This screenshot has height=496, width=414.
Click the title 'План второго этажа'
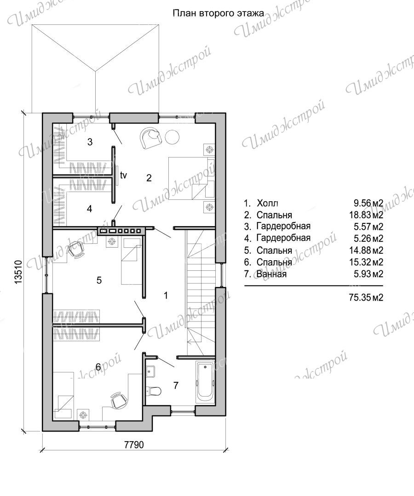218,13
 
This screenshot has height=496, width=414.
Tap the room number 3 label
90,142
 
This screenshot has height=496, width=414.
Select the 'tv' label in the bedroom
123,175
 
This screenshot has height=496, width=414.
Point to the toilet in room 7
154,390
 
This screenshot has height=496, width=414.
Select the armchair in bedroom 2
150,138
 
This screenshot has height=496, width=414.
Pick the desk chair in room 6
119,400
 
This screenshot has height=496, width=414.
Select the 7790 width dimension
134,445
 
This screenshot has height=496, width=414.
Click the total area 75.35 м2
366,298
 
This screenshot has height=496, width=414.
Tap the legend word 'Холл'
267,203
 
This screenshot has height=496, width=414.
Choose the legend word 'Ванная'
271,274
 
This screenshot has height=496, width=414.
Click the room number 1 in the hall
166,296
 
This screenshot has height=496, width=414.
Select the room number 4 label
89,209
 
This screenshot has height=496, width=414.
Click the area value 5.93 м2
368,274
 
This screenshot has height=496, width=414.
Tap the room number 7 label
176,385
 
